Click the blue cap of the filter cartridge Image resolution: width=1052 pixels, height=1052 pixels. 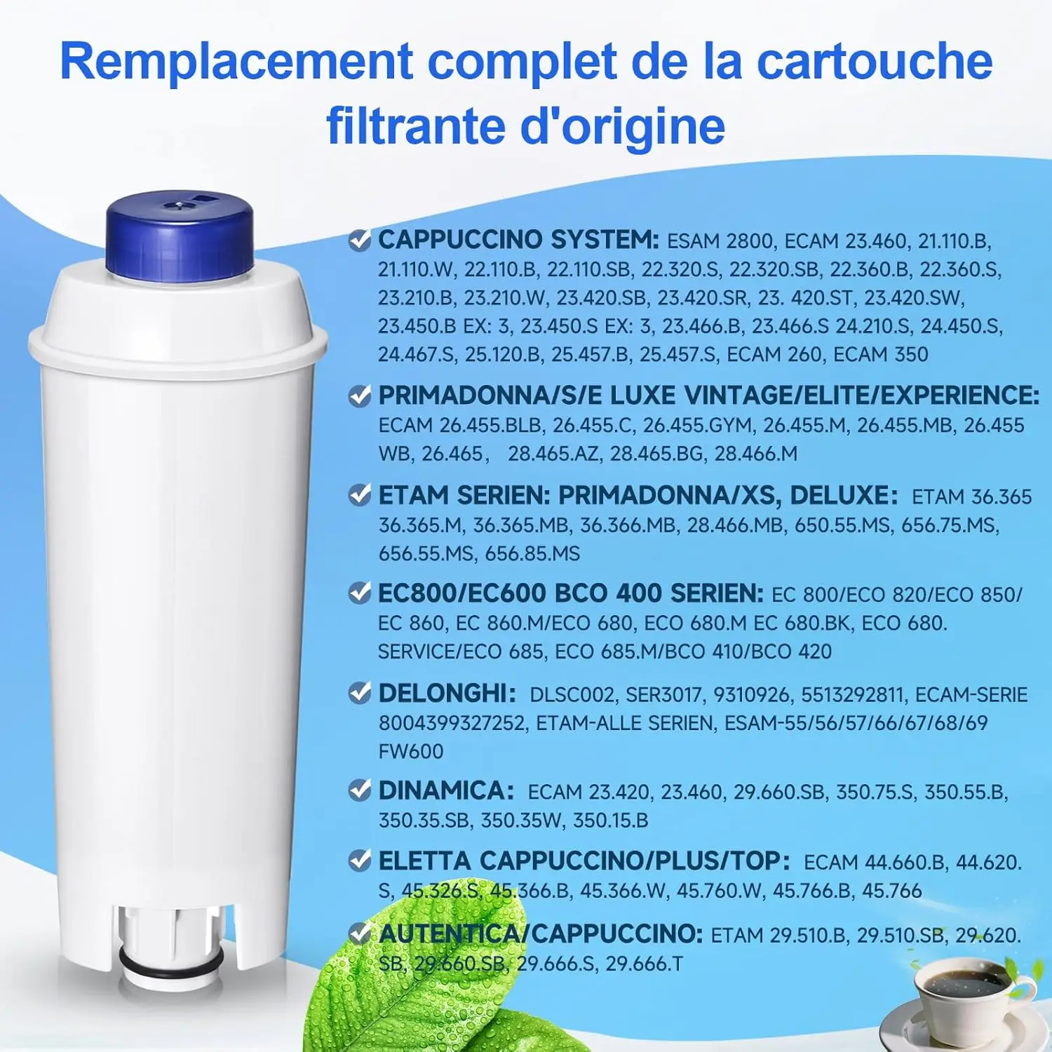point(179,238)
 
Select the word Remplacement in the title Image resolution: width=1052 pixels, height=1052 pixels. point(236,62)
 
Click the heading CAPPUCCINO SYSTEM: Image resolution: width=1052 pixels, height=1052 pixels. point(518,240)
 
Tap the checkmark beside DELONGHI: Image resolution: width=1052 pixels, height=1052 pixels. point(360,694)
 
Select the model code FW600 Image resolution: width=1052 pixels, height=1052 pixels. point(411,751)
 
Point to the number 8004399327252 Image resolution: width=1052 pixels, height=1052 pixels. point(452,722)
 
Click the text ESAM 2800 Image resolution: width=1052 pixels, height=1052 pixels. point(720,241)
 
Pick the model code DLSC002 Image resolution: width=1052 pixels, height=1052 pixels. point(573,694)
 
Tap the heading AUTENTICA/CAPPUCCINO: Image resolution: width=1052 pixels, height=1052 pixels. point(541,933)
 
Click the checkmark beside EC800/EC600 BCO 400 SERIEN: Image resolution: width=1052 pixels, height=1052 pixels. point(360,593)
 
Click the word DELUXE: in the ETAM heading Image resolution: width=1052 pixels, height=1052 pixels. point(844,495)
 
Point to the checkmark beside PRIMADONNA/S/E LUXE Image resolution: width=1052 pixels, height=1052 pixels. point(360,396)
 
